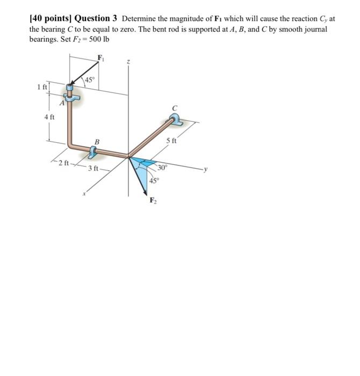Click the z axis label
128,62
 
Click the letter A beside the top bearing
62,105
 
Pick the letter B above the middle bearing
97,141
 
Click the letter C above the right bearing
174,107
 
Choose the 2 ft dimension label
64,163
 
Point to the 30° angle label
162,168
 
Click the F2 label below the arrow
152,202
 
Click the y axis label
205,171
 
